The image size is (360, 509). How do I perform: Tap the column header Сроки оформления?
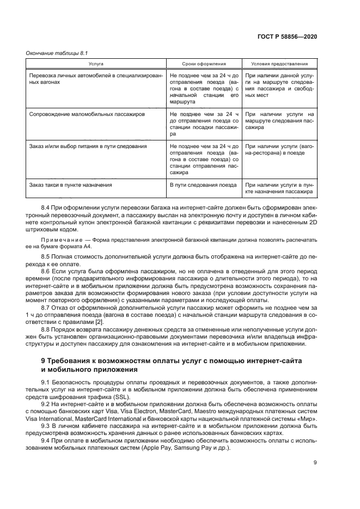[x=204, y=64]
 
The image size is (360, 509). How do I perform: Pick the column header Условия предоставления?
[x=279, y=64]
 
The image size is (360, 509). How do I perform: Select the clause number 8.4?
[x=46, y=208]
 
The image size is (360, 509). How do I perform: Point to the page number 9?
[x=315, y=463]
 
